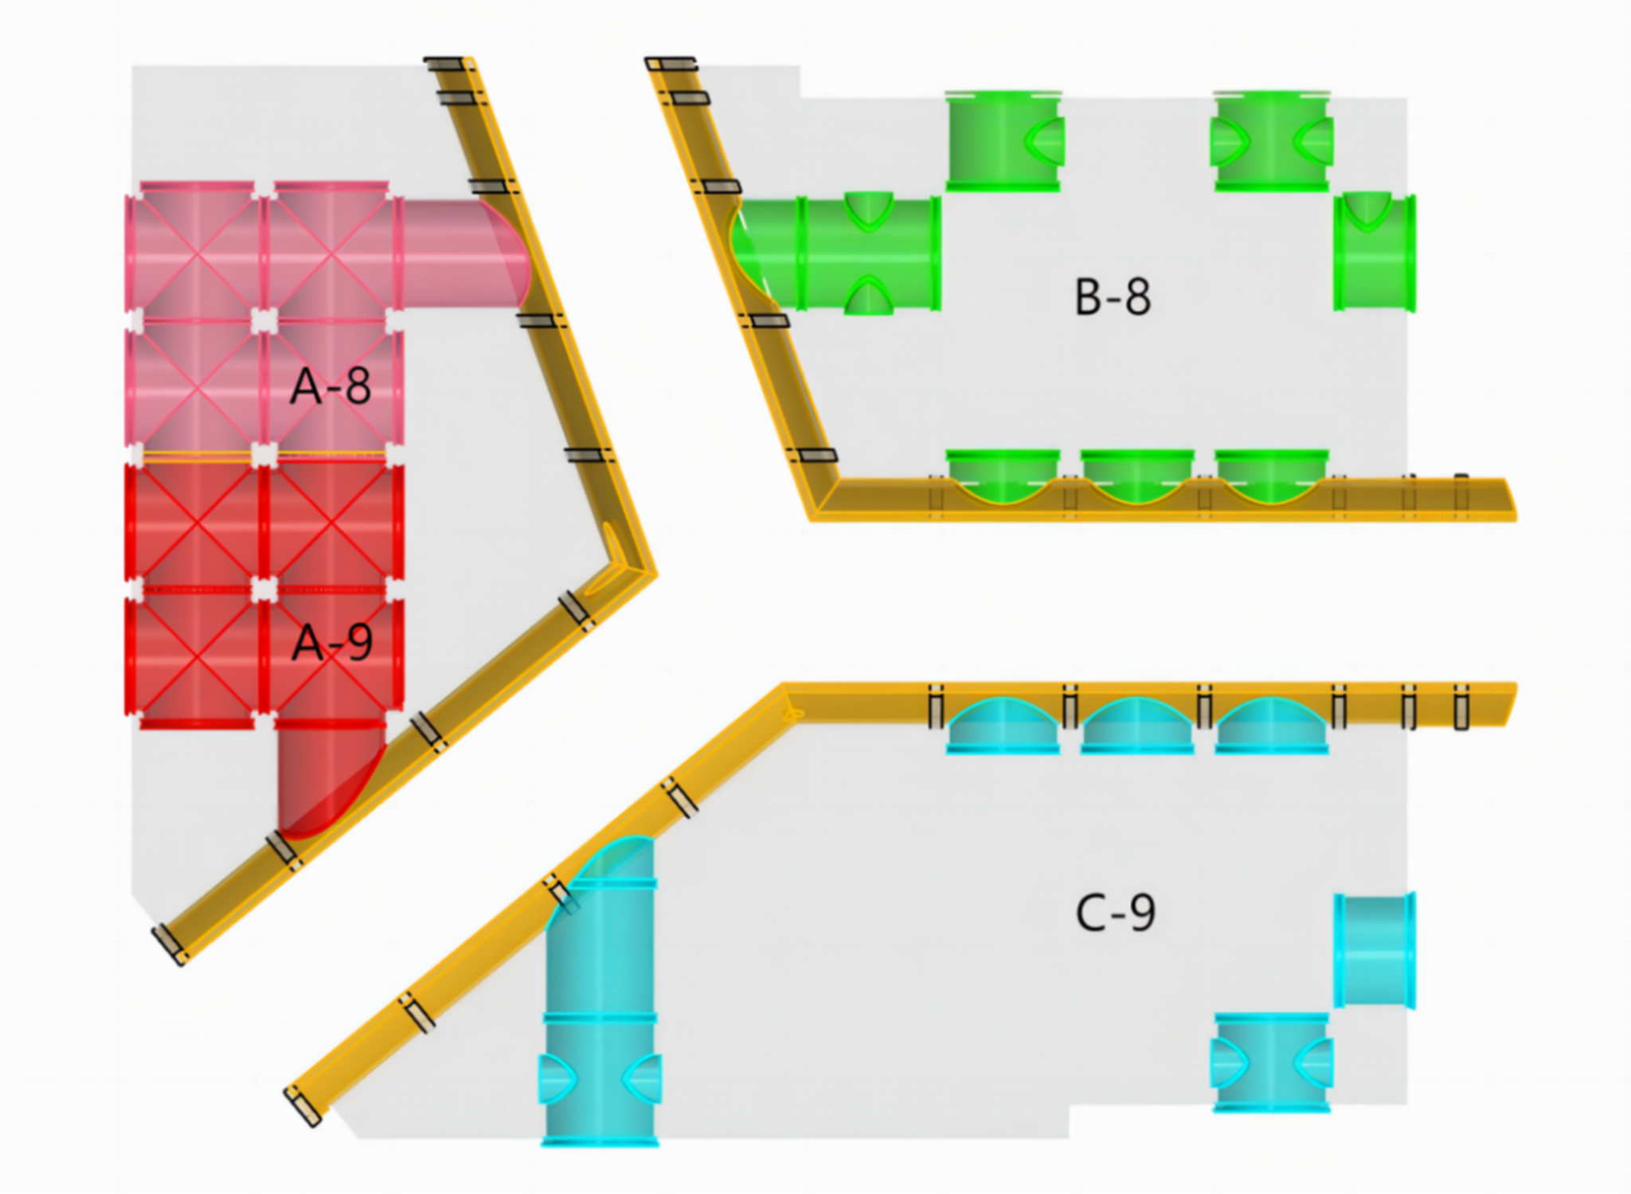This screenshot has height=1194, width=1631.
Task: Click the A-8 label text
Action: [331, 387]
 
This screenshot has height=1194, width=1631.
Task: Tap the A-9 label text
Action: [332, 643]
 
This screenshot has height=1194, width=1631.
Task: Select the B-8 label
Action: [1113, 297]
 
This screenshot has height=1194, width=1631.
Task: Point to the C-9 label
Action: [1115, 913]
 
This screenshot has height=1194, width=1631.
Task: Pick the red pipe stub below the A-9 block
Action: [327, 777]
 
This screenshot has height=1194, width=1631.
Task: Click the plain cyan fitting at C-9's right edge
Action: [1375, 951]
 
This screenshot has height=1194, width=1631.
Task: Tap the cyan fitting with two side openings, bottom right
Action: [1272, 1063]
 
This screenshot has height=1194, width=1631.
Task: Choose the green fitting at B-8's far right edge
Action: [1375, 253]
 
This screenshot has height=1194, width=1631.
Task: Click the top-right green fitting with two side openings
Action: [1272, 142]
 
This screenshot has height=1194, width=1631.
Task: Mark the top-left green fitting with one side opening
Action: [1003, 142]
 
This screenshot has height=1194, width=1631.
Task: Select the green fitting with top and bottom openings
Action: [870, 253]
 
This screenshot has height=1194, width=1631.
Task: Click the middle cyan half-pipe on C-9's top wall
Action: [1137, 725]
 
